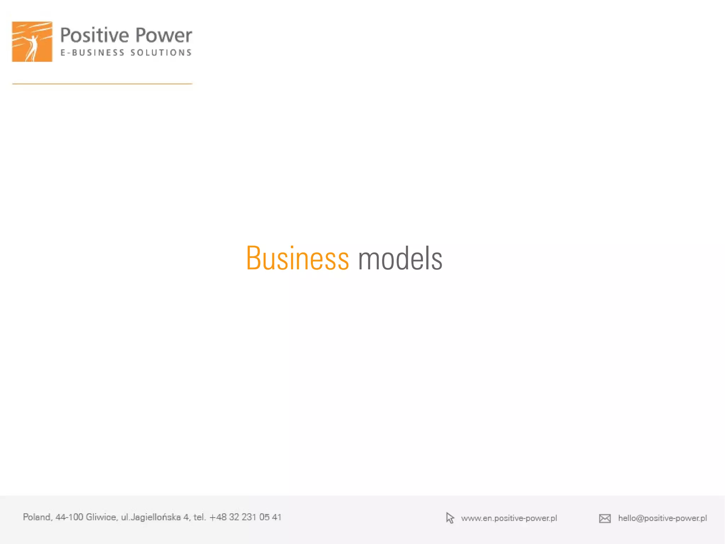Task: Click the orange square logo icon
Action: pos(32,41)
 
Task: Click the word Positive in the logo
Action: pos(95,35)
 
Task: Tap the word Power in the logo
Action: pos(164,35)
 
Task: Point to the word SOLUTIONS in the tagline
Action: pos(161,53)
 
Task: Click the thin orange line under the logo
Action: pos(102,84)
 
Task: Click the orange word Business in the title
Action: pos(297,258)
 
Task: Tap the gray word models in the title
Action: pos(400,258)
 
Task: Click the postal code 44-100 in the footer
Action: pos(69,517)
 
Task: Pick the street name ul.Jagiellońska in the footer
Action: pos(151,517)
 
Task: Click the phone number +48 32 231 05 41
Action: pos(245,517)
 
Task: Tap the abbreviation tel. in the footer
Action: pos(200,517)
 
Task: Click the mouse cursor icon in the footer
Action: pos(450,518)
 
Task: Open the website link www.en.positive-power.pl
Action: pos(509,518)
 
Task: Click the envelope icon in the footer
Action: pos(605,518)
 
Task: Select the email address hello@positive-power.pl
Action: pos(662,518)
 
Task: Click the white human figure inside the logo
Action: pos(33,47)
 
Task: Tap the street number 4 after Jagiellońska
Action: pos(186,517)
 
